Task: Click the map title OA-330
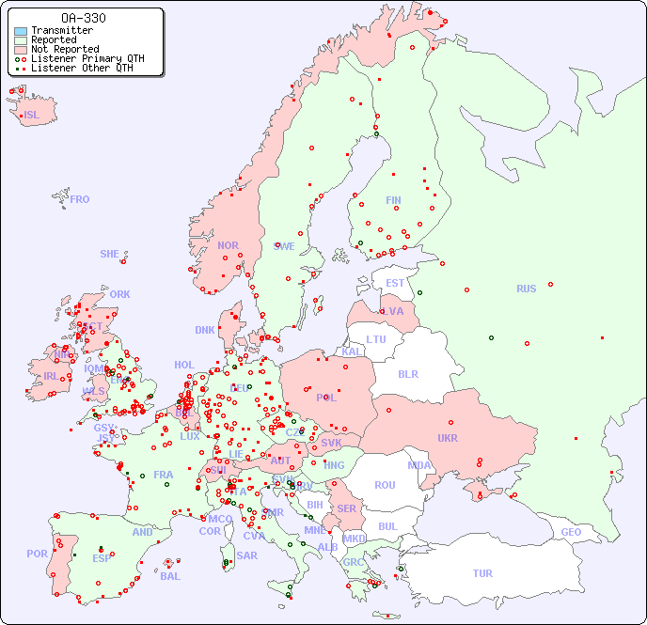click(x=83, y=18)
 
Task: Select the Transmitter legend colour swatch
click(x=21, y=31)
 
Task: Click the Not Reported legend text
click(x=65, y=49)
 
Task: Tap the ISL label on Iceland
click(x=32, y=116)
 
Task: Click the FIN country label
click(x=393, y=200)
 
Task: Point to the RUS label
click(x=526, y=289)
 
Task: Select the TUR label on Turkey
click(x=482, y=573)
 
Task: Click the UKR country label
click(x=447, y=438)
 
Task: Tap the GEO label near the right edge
click(x=571, y=532)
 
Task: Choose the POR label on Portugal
click(x=37, y=554)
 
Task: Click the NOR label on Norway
click(x=228, y=245)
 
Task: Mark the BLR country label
click(x=407, y=373)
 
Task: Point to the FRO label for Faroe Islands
click(x=79, y=199)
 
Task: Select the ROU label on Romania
click(x=385, y=485)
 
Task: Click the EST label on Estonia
click(x=395, y=283)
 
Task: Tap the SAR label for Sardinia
click(x=246, y=555)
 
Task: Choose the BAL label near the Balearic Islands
click(x=169, y=576)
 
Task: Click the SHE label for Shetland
click(x=110, y=254)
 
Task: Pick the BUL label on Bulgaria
click(x=387, y=526)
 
